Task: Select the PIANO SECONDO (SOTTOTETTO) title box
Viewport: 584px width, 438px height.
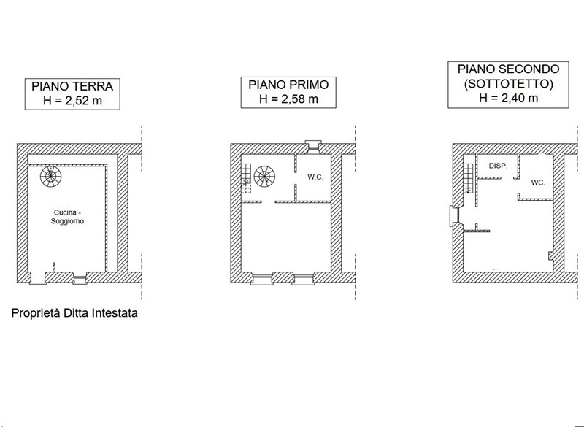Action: click(x=509, y=84)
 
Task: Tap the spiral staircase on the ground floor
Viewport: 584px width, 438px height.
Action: click(x=51, y=174)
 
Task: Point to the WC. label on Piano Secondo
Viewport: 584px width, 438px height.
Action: click(x=538, y=182)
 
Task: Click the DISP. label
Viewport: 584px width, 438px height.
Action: click(x=498, y=166)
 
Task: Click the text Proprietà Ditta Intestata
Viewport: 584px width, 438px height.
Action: click(x=74, y=314)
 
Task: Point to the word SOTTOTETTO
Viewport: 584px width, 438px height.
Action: click(x=509, y=84)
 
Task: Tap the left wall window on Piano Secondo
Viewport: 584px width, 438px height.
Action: click(x=453, y=216)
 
